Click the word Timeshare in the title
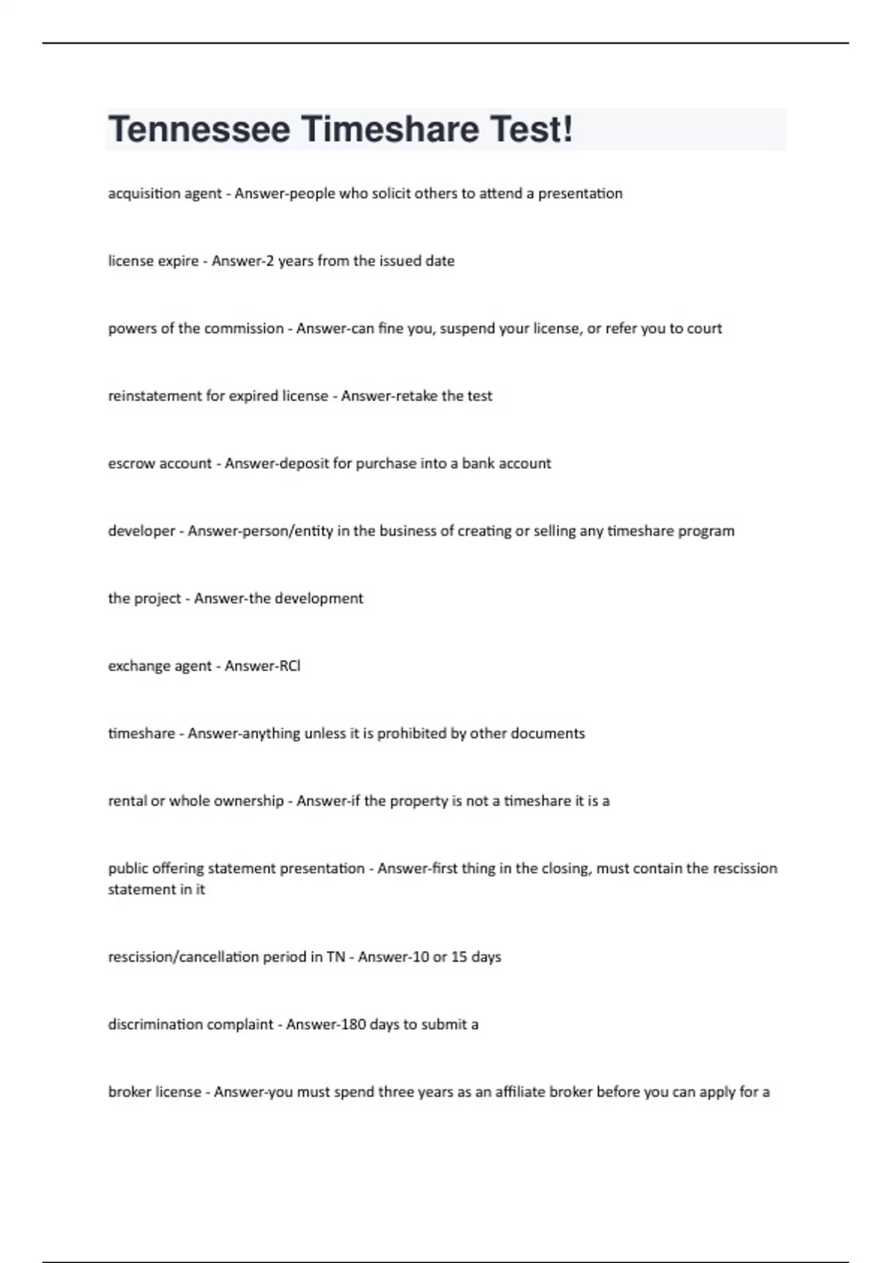(x=390, y=129)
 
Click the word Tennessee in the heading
(x=199, y=129)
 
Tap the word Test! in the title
(x=531, y=129)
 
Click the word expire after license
(x=174, y=261)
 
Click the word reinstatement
(x=155, y=396)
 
